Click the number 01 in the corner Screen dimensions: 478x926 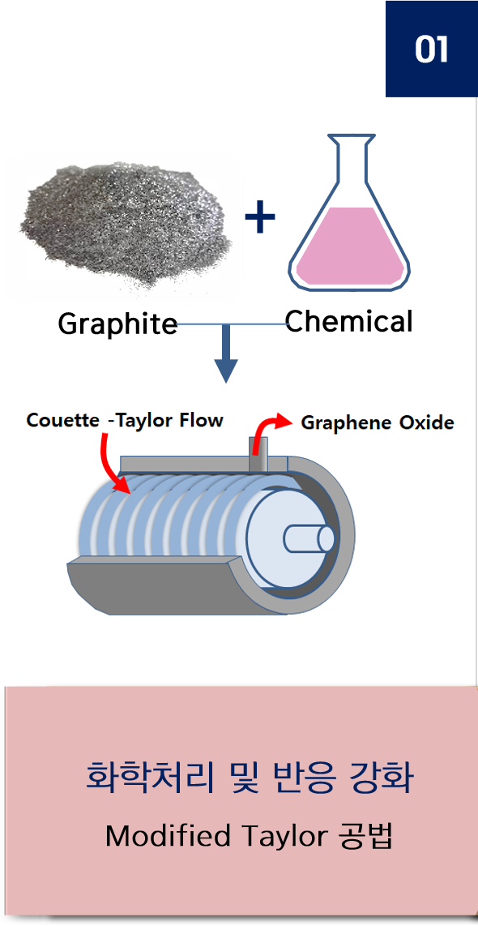tap(431, 49)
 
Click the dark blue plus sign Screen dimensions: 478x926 tap(260, 216)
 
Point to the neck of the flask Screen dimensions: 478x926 tap(351, 156)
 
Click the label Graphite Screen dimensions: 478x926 tap(117, 324)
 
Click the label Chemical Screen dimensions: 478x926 tap(348, 321)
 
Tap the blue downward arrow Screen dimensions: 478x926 tap(226, 354)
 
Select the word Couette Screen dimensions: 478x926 tap(63, 421)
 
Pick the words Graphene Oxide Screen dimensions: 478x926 tap(378, 422)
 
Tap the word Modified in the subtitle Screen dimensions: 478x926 tap(168, 836)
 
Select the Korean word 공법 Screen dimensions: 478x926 tap(365, 836)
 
